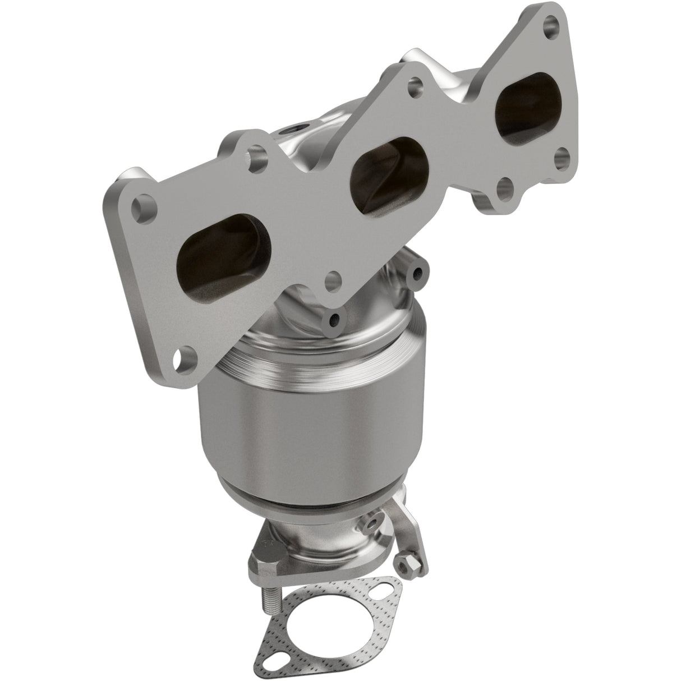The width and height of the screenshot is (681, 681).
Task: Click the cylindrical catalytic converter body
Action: click(311, 426)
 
